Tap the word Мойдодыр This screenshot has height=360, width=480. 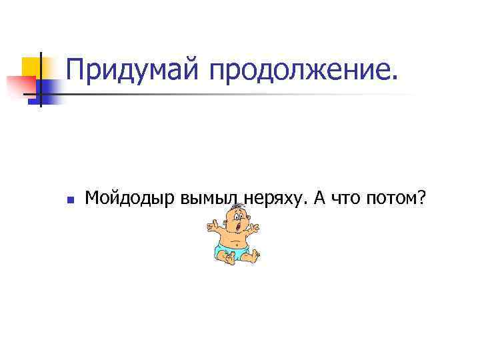click(130, 198)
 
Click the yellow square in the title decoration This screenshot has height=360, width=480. click(32, 67)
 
